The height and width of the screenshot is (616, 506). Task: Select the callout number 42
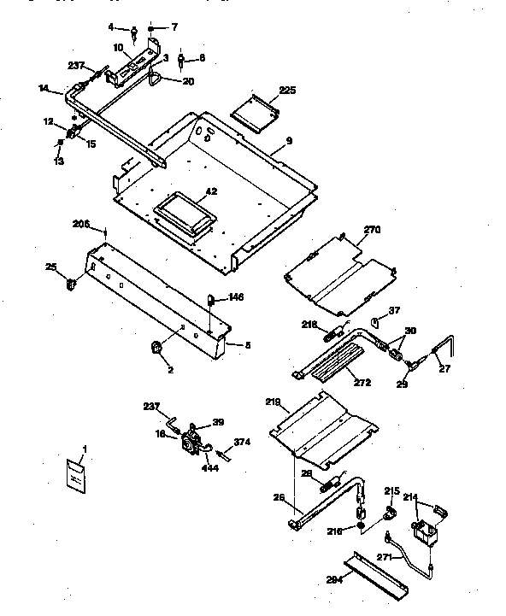point(211,191)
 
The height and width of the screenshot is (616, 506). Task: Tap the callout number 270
point(372,230)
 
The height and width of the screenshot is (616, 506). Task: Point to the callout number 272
point(362,383)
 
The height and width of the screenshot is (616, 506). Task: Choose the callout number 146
point(236,297)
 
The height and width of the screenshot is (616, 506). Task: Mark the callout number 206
point(80,224)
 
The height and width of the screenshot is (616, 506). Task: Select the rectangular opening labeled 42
point(183,211)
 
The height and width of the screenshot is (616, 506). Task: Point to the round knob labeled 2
point(157,347)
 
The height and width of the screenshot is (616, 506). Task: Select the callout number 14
point(44,88)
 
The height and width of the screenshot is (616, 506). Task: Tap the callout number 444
point(209,466)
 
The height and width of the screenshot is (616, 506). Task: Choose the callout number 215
point(391,491)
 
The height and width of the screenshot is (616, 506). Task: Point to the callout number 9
point(290,140)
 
